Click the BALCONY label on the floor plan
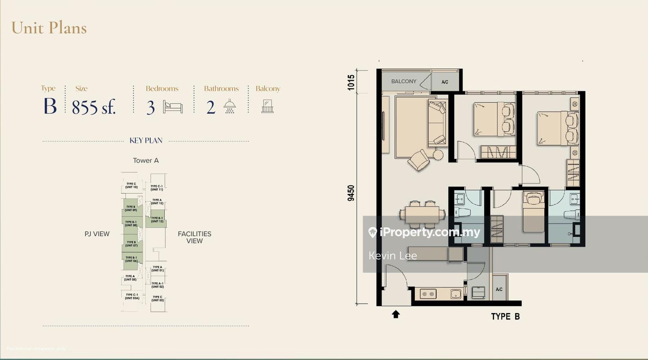click(403, 81)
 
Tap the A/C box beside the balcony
click(445, 82)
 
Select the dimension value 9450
click(351, 193)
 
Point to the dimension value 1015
click(351, 82)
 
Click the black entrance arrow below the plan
click(396, 314)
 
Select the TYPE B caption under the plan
click(505, 316)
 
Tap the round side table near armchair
click(438, 155)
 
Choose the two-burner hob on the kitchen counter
click(427, 294)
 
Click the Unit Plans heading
click(49, 28)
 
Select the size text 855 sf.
click(94, 107)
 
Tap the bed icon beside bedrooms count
click(173, 107)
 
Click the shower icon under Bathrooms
click(229, 107)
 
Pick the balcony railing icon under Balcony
click(267, 107)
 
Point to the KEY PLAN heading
click(146, 140)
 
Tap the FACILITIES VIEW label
click(194, 237)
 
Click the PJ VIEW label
click(97, 234)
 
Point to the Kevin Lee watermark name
click(392, 256)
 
